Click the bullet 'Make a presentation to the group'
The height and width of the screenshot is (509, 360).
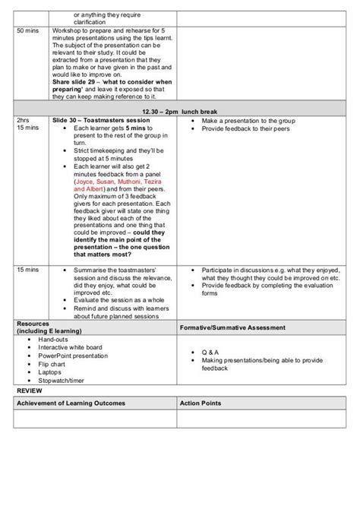(247, 120)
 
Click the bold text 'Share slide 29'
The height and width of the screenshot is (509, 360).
(76, 81)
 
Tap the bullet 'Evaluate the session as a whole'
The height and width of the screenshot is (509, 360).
(112, 300)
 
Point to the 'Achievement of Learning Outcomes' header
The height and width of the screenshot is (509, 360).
(71, 403)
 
